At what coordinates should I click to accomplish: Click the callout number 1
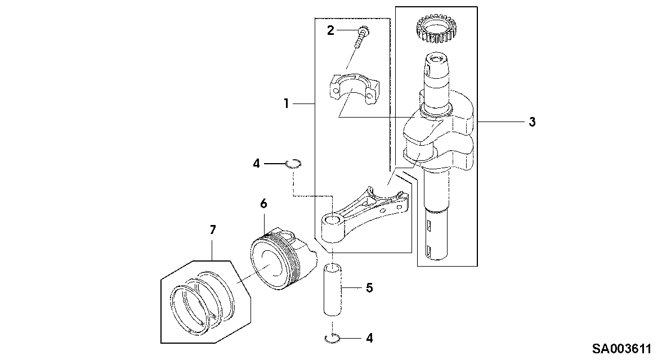[x=286, y=103]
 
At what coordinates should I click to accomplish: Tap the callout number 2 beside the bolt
[x=330, y=30]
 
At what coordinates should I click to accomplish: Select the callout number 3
[x=532, y=122]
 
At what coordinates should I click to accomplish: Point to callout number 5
[x=369, y=288]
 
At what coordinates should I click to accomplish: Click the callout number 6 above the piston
[x=263, y=204]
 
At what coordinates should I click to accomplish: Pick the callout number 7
[x=213, y=230]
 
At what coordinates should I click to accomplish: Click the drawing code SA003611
[x=621, y=349]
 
